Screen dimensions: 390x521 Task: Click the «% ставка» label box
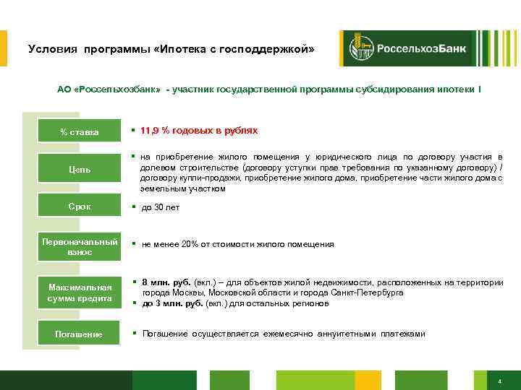tap(80, 132)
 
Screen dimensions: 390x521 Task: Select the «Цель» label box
tap(80, 170)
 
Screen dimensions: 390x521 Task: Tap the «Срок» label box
tap(80, 207)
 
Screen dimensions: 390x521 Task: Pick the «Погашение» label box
tap(80, 334)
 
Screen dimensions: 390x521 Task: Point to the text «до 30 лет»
tap(160, 207)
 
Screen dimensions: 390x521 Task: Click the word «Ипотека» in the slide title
tap(185, 50)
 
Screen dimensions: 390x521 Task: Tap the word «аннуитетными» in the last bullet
tap(356, 333)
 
